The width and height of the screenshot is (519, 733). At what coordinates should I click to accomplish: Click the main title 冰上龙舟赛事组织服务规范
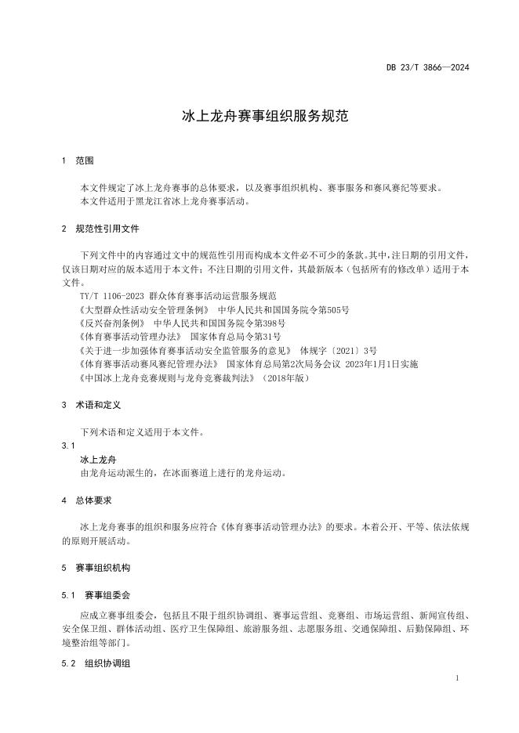pos(259,117)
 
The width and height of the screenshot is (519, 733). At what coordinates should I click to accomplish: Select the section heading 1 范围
pos(78,161)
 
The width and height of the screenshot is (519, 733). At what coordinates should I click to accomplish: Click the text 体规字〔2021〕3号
pos(333,350)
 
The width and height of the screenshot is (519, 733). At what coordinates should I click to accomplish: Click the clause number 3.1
pos(66,446)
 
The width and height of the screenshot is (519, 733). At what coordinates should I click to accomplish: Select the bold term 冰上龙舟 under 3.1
pos(98,459)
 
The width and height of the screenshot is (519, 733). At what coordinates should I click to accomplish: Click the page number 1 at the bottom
pos(456,678)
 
